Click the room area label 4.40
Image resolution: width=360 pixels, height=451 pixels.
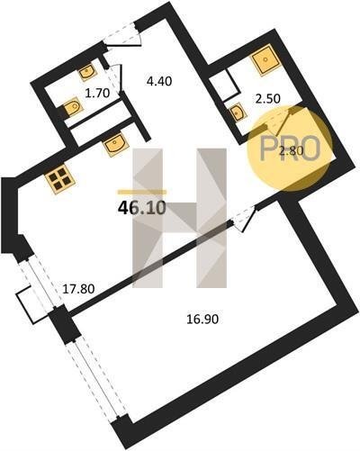click(x=159, y=81)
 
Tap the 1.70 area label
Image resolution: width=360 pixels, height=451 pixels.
click(x=97, y=94)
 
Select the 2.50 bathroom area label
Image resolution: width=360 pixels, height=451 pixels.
click(x=267, y=98)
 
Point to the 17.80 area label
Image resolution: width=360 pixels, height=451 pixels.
click(x=78, y=289)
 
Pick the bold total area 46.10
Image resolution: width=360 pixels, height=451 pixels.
click(x=142, y=208)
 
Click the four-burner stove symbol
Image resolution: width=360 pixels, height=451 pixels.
click(x=59, y=179)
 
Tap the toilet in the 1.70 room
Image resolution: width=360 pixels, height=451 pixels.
click(x=71, y=108)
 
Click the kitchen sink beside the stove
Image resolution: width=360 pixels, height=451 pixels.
click(x=114, y=145)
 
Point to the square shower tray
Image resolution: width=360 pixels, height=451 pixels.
click(x=265, y=60)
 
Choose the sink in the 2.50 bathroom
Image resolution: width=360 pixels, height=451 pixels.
click(x=238, y=113)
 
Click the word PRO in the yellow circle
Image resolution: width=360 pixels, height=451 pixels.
click(x=290, y=149)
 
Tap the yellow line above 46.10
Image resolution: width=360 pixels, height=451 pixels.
click(x=142, y=192)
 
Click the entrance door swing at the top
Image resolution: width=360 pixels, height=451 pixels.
click(x=123, y=36)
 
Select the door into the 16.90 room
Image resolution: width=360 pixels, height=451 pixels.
click(x=245, y=219)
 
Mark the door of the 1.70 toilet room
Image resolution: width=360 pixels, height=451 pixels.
click(x=114, y=78)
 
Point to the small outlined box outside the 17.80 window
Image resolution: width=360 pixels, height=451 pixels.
click(x=31, y=304)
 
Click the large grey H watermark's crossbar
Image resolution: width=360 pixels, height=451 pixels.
click(x=180, y=218)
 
